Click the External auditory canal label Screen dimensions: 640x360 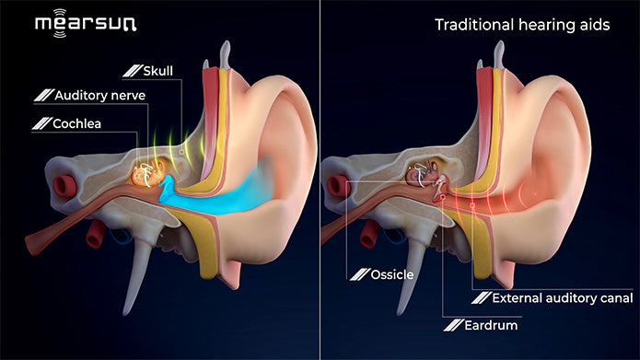coord(562,298)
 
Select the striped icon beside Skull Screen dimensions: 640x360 coord(133,70)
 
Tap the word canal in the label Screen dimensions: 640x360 coord(614,298)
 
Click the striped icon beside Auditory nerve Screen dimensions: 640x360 coord(41,95)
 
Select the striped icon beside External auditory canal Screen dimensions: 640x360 coord(480,298)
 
